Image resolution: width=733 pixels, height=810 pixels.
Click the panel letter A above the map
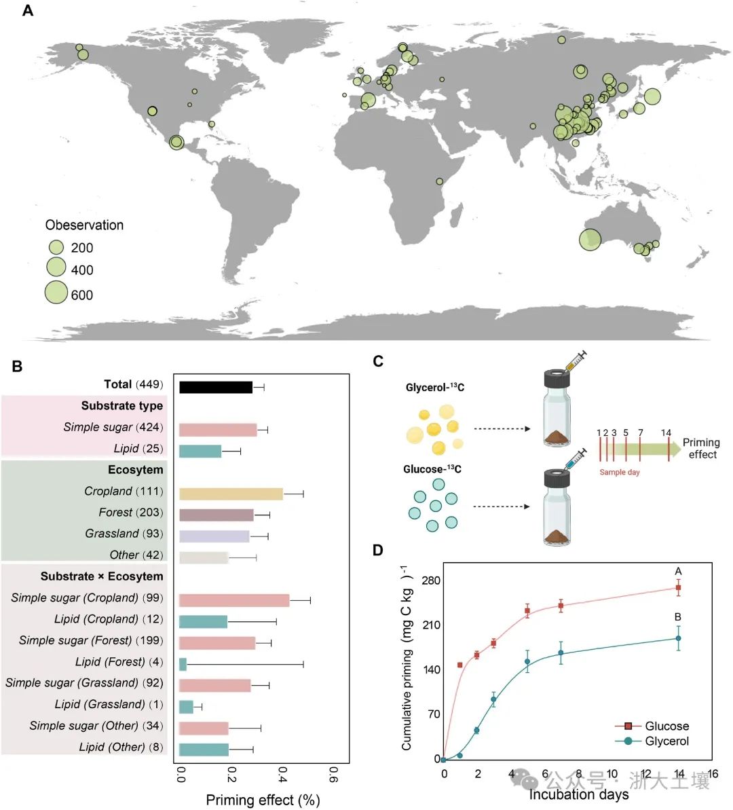[x=28, y=11]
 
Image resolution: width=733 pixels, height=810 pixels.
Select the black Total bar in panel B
[x=216, y=387]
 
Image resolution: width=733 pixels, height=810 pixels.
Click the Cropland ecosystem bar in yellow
[x=231, y=494]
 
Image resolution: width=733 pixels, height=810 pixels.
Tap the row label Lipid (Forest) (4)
[x=119, y=661]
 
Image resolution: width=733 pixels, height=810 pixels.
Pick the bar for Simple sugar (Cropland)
[x=234, y=600]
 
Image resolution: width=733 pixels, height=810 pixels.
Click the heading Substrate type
[x=122, y=406]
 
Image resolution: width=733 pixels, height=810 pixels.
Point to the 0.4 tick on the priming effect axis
[x=282, y=775]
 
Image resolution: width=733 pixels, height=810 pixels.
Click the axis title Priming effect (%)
[x=263, y=800]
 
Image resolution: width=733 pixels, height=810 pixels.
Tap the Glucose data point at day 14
[x=678, y=588]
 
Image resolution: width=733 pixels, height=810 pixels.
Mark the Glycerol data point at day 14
[x=678, y=638]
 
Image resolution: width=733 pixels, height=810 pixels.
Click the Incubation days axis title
[x=578, y=794]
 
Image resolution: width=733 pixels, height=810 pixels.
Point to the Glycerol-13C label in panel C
[x=435, y=388]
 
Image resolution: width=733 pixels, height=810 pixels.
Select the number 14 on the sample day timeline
[x=666, y=432]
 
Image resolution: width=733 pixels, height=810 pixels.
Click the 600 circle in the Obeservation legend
[x=56, y=292]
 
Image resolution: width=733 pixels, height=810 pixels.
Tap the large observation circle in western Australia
[x=590, y=240]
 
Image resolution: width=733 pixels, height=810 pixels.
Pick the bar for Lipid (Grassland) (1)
[x=186, y=707]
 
